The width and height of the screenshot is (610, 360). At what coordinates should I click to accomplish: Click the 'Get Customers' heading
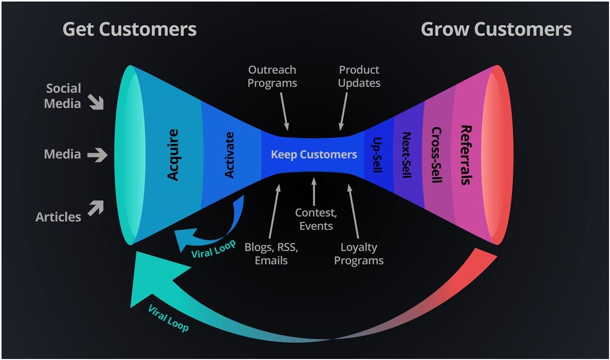[129, 29]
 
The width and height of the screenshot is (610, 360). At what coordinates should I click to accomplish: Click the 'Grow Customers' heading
[496, 29]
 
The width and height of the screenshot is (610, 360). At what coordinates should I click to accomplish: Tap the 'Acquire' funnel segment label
[173, 155]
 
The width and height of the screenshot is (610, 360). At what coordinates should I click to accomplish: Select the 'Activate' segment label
[229, 155]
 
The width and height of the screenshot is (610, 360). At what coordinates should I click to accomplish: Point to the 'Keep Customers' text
[314, 154]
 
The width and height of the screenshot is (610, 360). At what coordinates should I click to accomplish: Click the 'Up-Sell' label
[377, 155]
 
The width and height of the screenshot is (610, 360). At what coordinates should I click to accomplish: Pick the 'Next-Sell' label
[406, 155]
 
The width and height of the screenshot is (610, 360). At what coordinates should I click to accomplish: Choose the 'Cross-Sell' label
[436, 155]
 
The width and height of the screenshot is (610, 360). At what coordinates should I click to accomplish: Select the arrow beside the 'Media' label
[97, 154]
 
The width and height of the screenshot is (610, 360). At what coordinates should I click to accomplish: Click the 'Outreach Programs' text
[272, 76]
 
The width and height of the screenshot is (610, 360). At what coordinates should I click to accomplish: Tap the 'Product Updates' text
[359, 76]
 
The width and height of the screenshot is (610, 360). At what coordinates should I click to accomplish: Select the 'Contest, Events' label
[316, 219]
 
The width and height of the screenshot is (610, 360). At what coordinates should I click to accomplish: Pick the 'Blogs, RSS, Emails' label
[271, 254]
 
